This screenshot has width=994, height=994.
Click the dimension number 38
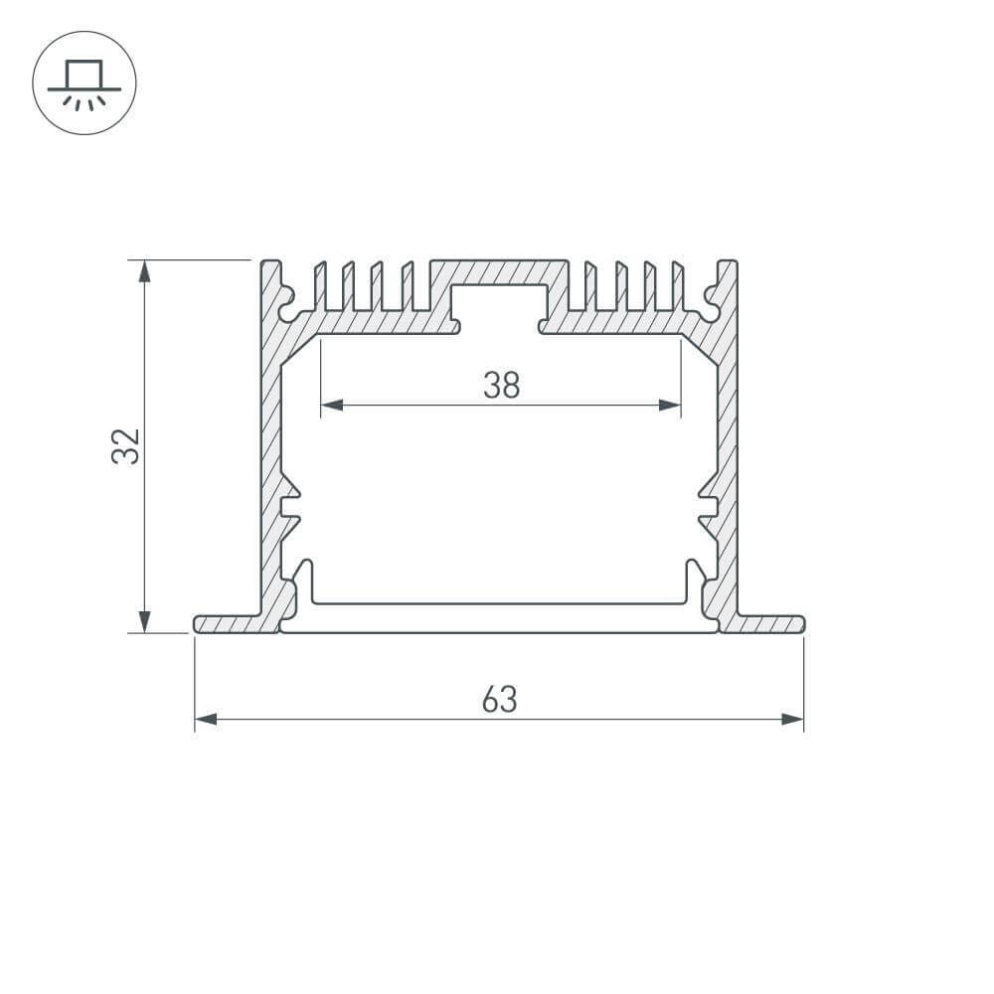coord(501,385)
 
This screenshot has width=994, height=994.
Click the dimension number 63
coord(499,700)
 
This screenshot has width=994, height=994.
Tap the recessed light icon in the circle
coord(84,83)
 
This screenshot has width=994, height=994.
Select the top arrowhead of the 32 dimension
coord(145,271)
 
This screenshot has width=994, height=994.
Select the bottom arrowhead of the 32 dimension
coord(145,621)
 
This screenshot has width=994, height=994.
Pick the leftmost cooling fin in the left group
coord(320,287)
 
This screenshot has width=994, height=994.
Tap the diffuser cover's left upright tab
coord(307,580)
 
